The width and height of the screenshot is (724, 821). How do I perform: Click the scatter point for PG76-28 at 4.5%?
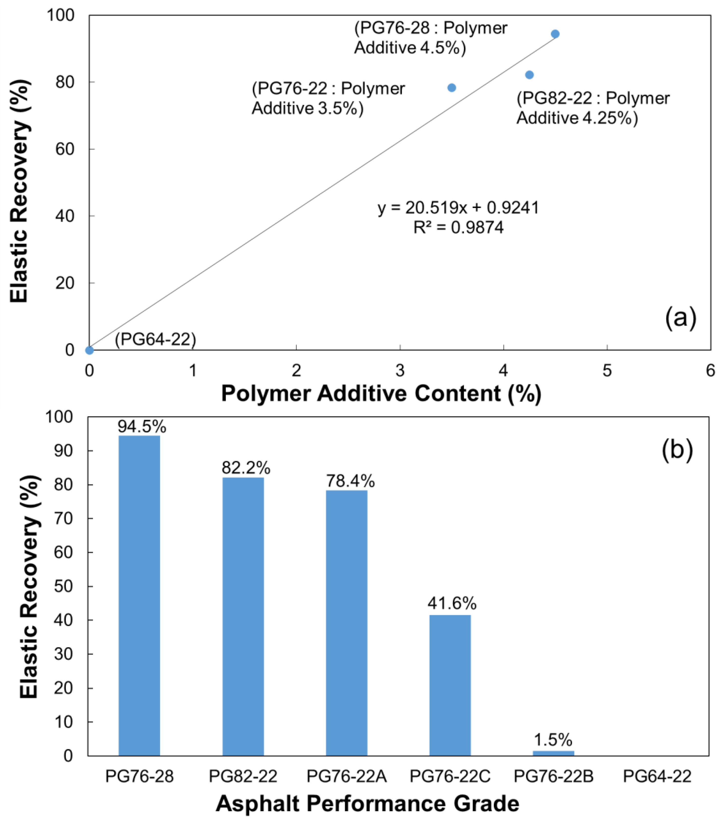tap(555, 34)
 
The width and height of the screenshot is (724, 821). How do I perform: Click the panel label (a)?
tap(680, 318)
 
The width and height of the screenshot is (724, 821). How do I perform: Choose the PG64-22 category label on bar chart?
tap(657, 776)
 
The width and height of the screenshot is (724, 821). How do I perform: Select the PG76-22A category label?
tap(346, 776)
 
